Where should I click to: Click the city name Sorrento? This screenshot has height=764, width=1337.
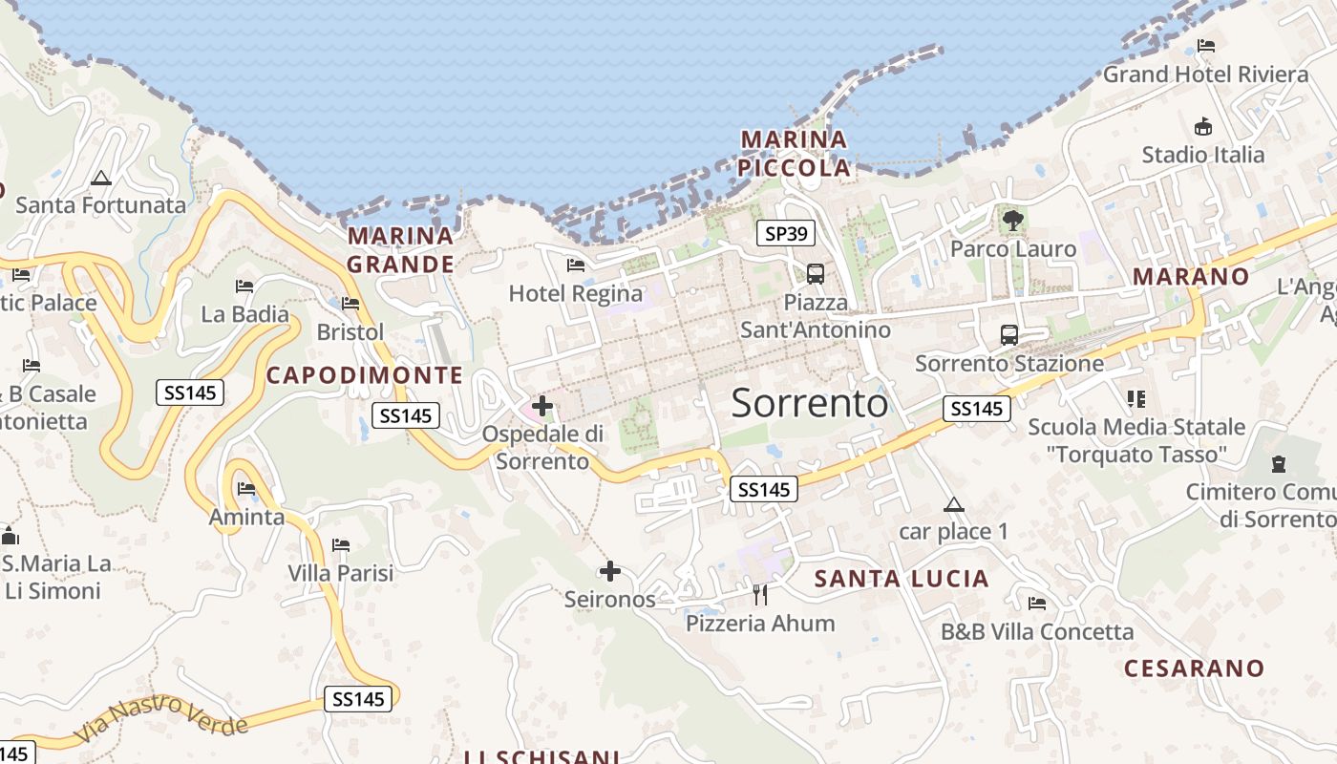[x=810, y=403]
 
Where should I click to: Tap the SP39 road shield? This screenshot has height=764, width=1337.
[x=785, y=233]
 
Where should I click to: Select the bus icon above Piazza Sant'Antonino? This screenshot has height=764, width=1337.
[x=816, y=274]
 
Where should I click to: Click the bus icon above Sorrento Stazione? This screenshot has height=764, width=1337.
[x=1009, y=335]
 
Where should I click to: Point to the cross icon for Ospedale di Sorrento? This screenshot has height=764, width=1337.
[x=542, y=407]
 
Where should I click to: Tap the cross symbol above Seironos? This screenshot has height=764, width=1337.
[x=609, y=572]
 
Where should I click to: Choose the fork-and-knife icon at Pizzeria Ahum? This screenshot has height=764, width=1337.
[x=760, y=595]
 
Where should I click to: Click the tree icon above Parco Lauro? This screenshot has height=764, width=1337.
[x=1013, y=222]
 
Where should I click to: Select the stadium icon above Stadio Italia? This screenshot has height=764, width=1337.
[x=1203, y=126]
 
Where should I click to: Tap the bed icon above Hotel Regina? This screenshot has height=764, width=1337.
[x=576, y=265]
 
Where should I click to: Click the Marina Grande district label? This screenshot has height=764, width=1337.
[x=400, y=249]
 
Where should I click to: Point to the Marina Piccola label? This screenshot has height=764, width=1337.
[x=795, y=154]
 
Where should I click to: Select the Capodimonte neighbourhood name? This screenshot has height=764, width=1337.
[x=364, y=375]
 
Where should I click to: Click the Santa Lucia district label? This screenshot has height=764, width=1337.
[x=902, y=579]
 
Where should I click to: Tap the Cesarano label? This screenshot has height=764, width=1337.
[x=1194, y=668]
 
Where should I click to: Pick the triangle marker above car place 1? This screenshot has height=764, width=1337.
[x=953, y=504]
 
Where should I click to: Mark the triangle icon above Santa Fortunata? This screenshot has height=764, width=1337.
[x=100, y=178]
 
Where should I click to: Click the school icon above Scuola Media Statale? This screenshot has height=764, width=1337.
[x=1135, y=398]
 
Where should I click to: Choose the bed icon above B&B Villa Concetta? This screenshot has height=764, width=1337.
[x=1037, y=604]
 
